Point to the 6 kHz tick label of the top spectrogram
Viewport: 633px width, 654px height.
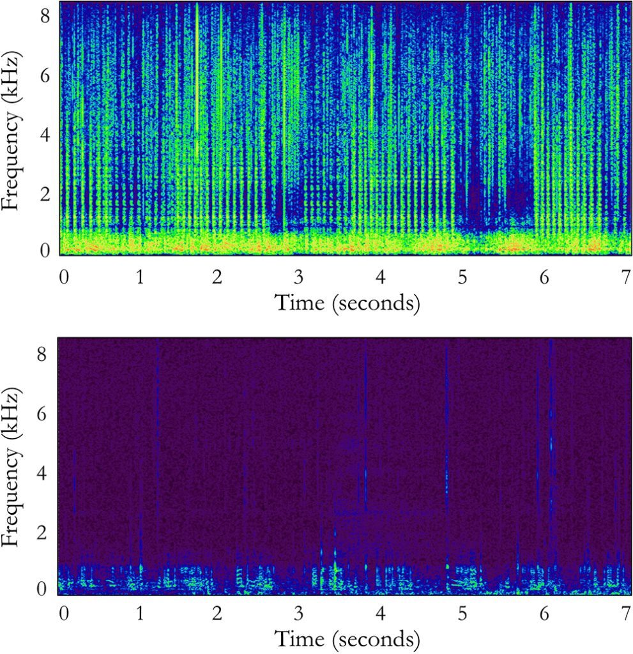coord(46,75)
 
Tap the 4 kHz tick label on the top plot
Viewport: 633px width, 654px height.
coord(46,134)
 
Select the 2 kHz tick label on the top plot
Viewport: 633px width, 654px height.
coord(46,192)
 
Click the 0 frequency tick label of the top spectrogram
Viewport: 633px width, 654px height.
coord(46,250)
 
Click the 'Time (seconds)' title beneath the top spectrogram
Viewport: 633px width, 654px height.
coord(347,302)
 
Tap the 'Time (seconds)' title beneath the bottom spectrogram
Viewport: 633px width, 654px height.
coord(347,637)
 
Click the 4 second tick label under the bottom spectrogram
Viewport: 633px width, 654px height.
coord(381,613)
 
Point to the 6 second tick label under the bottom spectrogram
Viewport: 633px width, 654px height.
coord(544,613)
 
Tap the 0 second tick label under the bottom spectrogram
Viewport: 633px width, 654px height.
coord(63,613)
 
